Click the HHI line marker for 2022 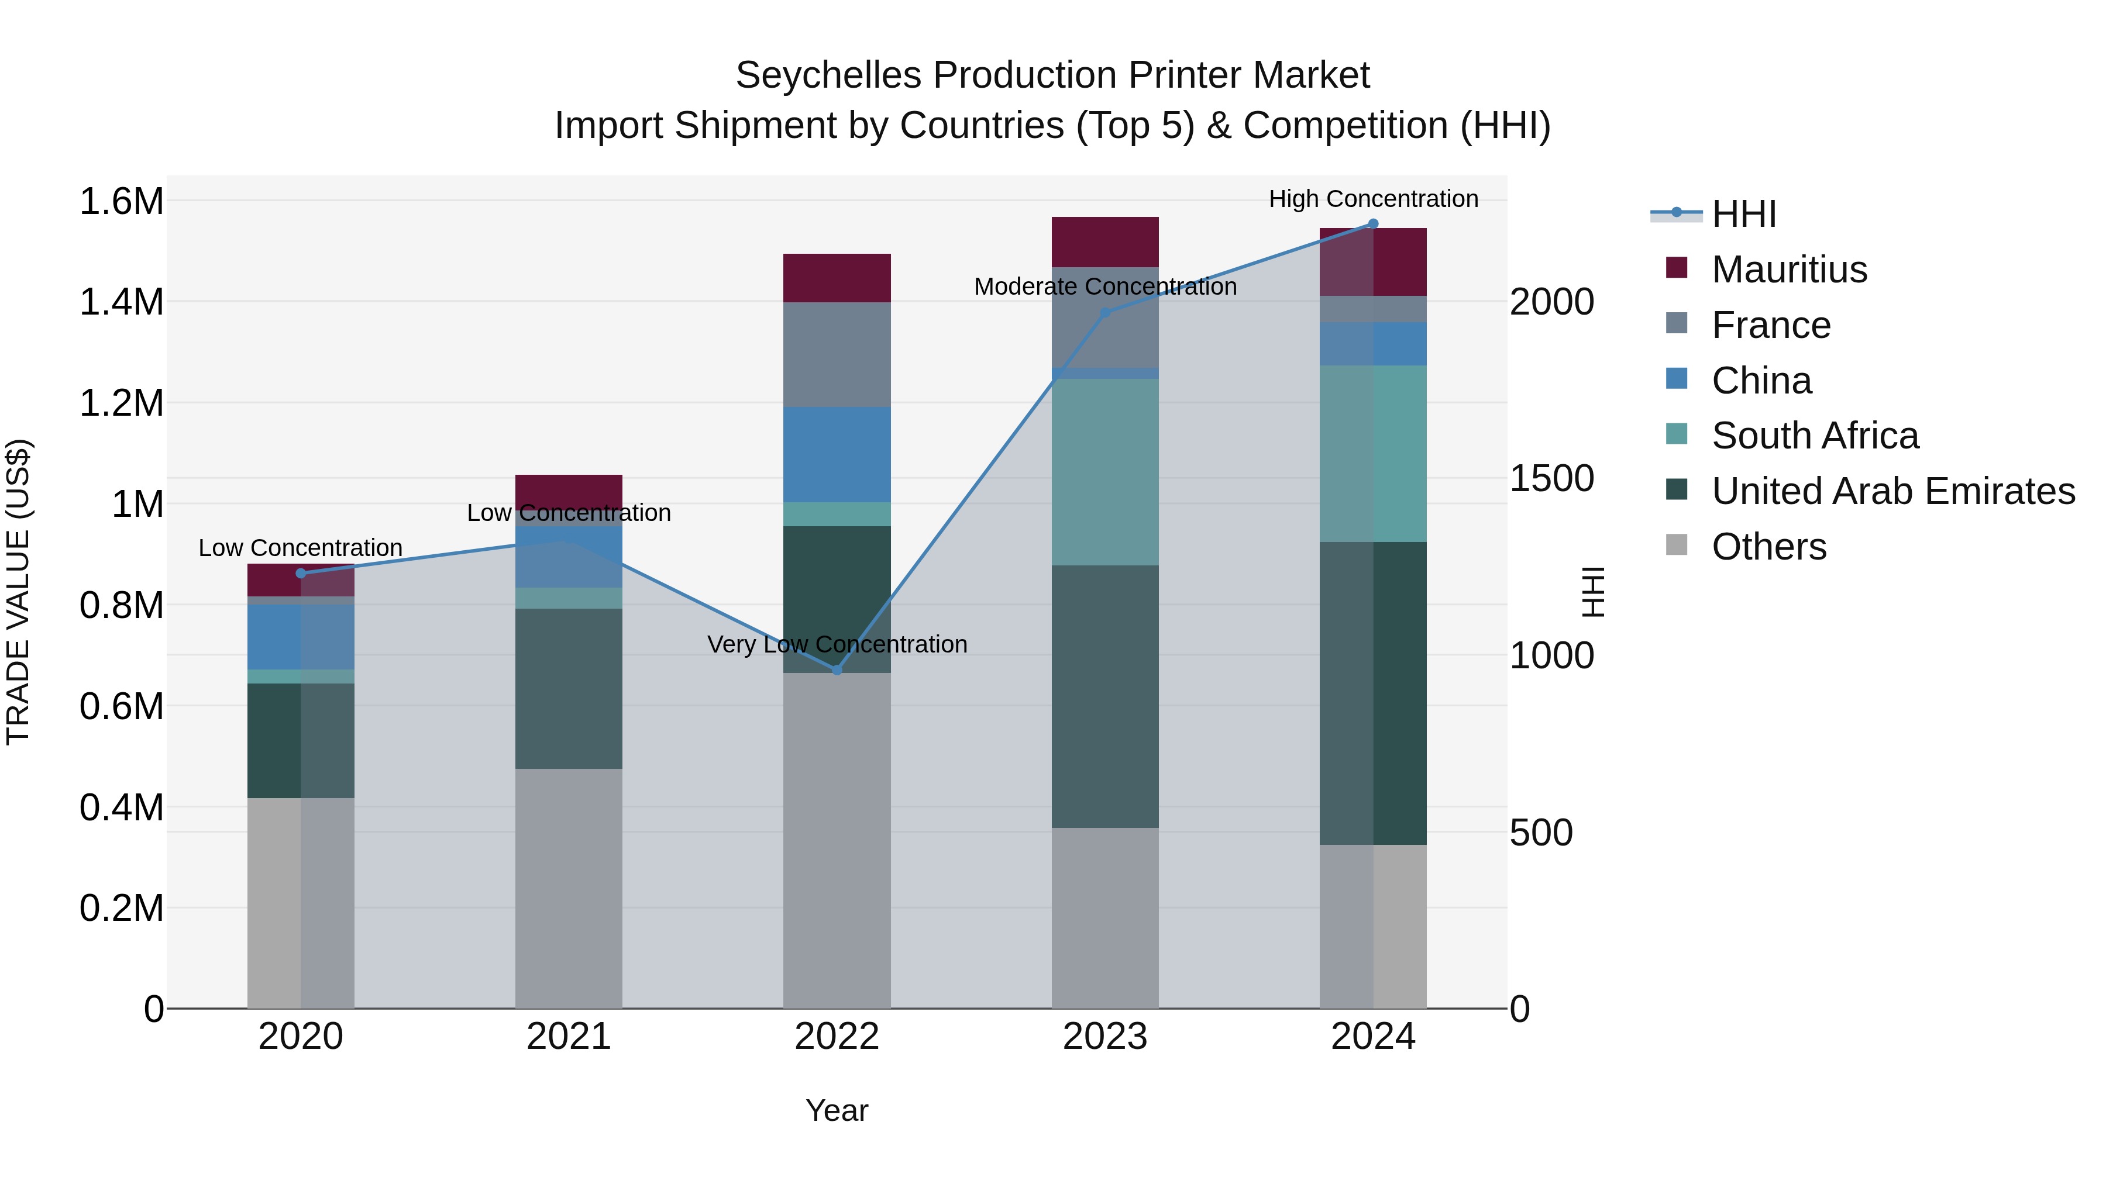[x=837, y=670]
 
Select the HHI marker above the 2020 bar [x=300, y=574]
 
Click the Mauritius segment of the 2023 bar [x=1104, y=242]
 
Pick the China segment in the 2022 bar [x=837, y=454]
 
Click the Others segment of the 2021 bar [x=568, y=888]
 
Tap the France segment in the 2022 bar [x=837, y=355]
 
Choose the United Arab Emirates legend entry [x=1892, y=491]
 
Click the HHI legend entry [x=1743, y=214]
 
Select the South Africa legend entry [x=1814, y=436]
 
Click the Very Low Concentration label [x=837, y=644]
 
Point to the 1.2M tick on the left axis [x=121, y=403]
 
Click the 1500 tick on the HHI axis [x=1551, y=479]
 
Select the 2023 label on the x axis [x=1104, y=1037]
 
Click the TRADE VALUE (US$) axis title [x=18, y=592]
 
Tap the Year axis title [x=837, y=1110]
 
